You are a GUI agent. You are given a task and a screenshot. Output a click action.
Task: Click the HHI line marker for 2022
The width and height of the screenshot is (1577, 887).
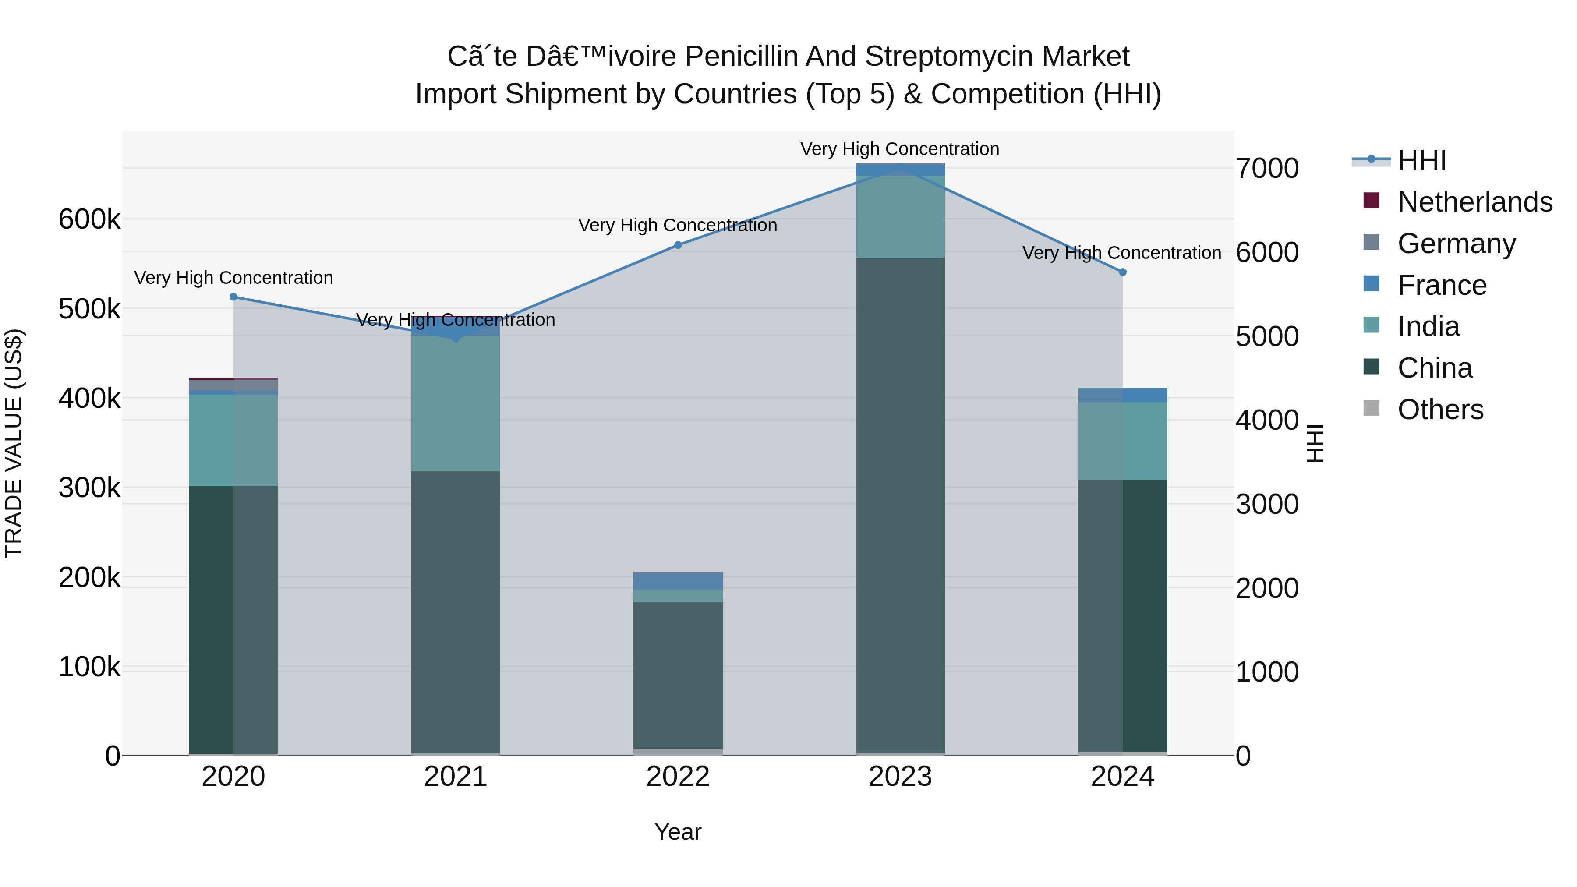tap(678, 245)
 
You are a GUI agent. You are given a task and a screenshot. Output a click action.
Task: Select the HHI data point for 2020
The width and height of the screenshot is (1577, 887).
tap(233, 297)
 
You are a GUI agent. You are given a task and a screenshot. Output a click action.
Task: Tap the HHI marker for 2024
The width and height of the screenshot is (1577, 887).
tap(1123, 272)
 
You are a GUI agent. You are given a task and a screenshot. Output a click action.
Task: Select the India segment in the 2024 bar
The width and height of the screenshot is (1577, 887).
tap(1123, 441)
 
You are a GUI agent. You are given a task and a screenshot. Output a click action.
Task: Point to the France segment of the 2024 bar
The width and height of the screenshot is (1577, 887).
tap(1123, 395)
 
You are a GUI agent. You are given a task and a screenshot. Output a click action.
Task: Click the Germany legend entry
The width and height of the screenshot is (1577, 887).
tap(1457, 244)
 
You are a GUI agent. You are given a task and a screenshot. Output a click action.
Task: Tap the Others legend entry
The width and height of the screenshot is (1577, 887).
tap(1440, 410)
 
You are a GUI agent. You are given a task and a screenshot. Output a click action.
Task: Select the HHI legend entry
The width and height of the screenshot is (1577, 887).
tap(1421, 160)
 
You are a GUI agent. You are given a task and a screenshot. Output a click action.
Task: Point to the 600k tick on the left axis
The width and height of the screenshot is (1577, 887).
tap(89, 219)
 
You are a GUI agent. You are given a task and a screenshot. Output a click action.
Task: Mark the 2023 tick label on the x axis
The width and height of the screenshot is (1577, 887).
tap(900, 777)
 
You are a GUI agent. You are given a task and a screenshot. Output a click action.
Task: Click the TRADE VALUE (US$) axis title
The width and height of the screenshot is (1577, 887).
tap(14, 443)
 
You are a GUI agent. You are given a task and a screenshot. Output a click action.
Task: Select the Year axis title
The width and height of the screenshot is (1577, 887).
tap(678, 832)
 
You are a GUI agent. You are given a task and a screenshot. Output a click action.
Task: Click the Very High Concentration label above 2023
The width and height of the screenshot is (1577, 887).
tap(899, 149)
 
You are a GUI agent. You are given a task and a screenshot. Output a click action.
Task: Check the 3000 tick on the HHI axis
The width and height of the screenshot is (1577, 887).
tap(1266, 505)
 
